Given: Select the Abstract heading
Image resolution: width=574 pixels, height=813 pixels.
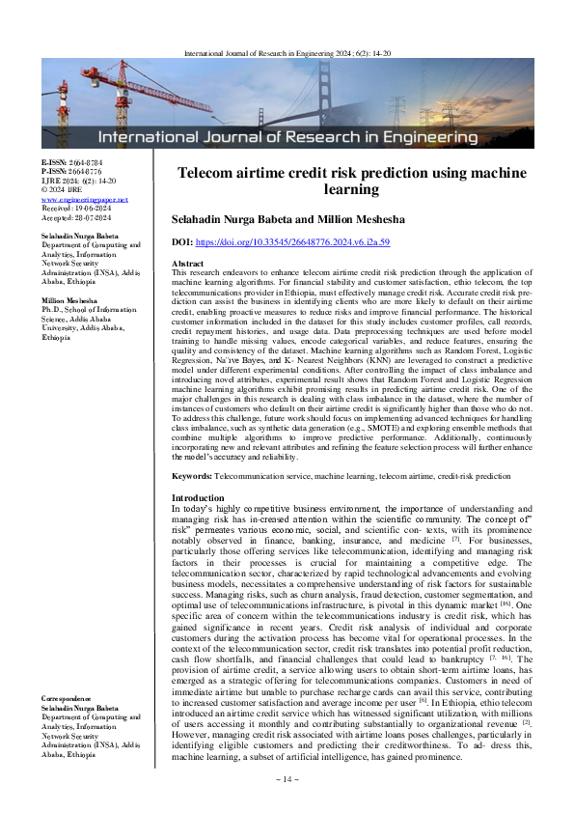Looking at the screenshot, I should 186,264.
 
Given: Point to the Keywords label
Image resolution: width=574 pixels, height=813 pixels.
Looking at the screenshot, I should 191,477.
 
